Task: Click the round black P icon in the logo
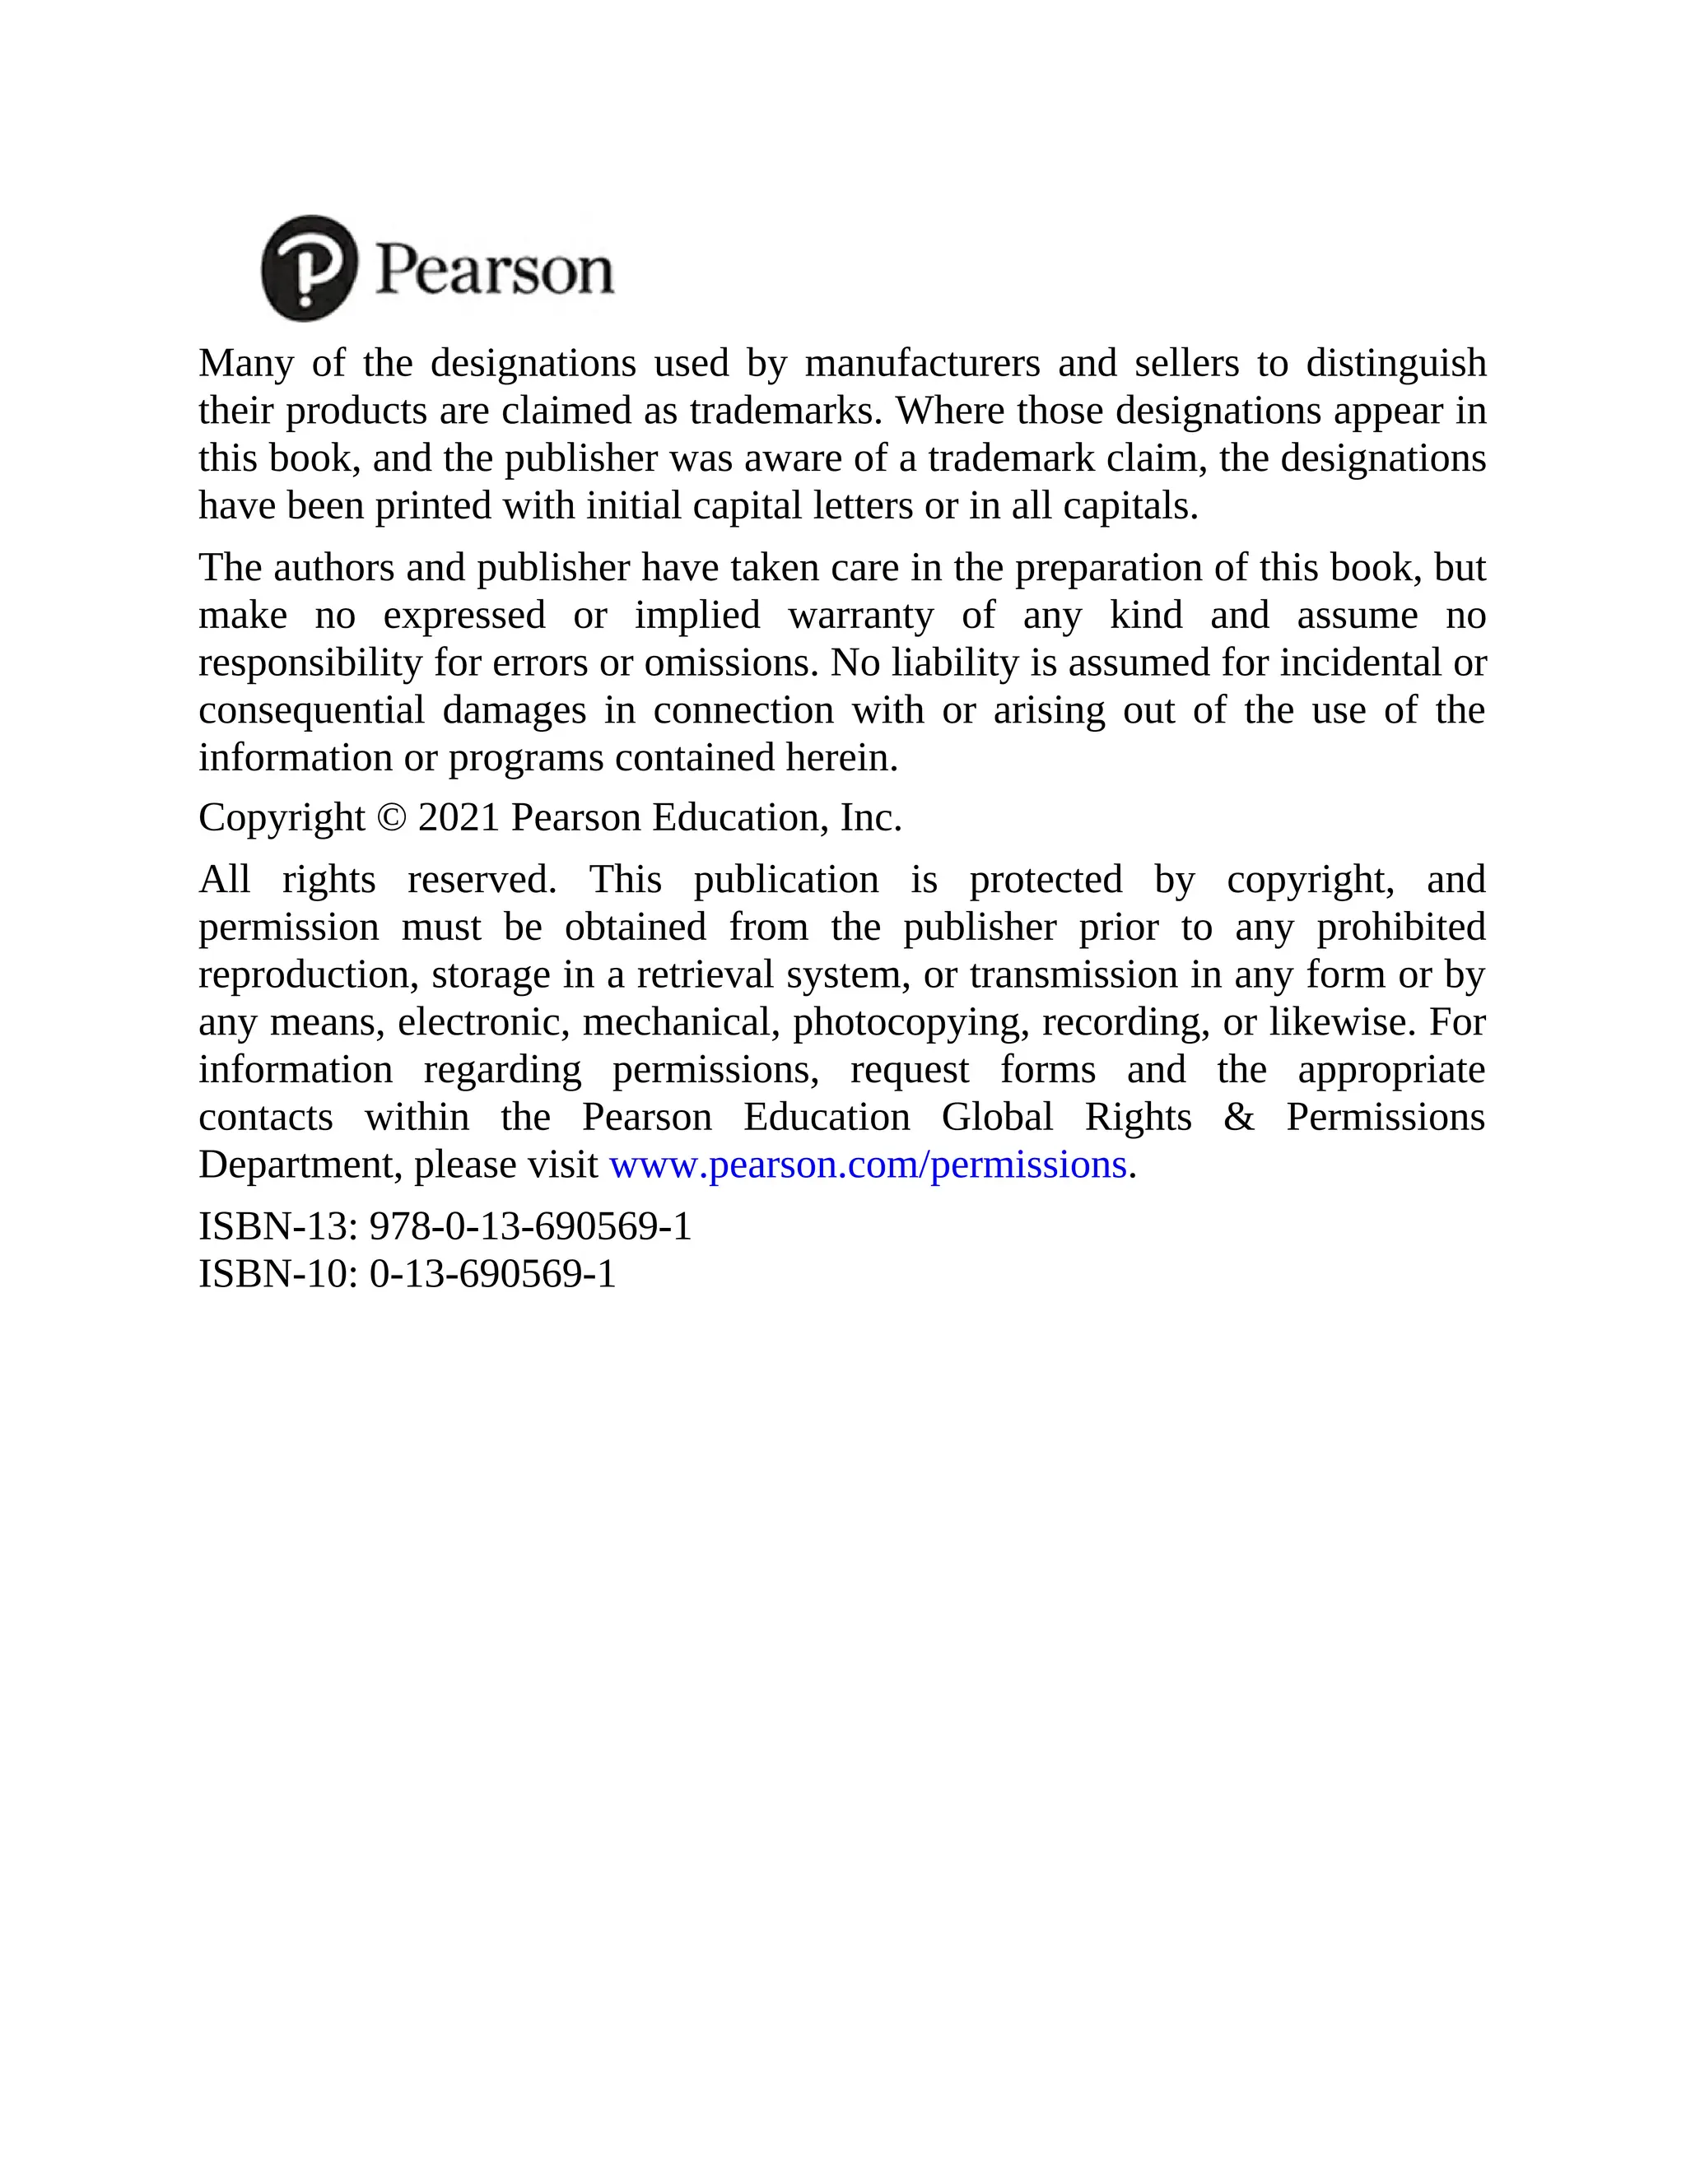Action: click(x=309, y=267)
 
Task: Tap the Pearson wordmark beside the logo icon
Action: click(x=495, y=270)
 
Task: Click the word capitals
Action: click(x=1129, y=506)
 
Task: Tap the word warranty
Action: click(x=860, y=615)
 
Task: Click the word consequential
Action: click(x=310, y=710)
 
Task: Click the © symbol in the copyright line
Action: click(x=392, y=818)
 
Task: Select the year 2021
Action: click(x=459, y=818)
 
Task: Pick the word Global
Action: click(x=997, y=1117)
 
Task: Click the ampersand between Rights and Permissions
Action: click(x=1238, y=1117)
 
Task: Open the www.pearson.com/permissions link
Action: click(x=867, y=1165)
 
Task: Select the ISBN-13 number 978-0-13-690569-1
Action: click(x=530, y=1226)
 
